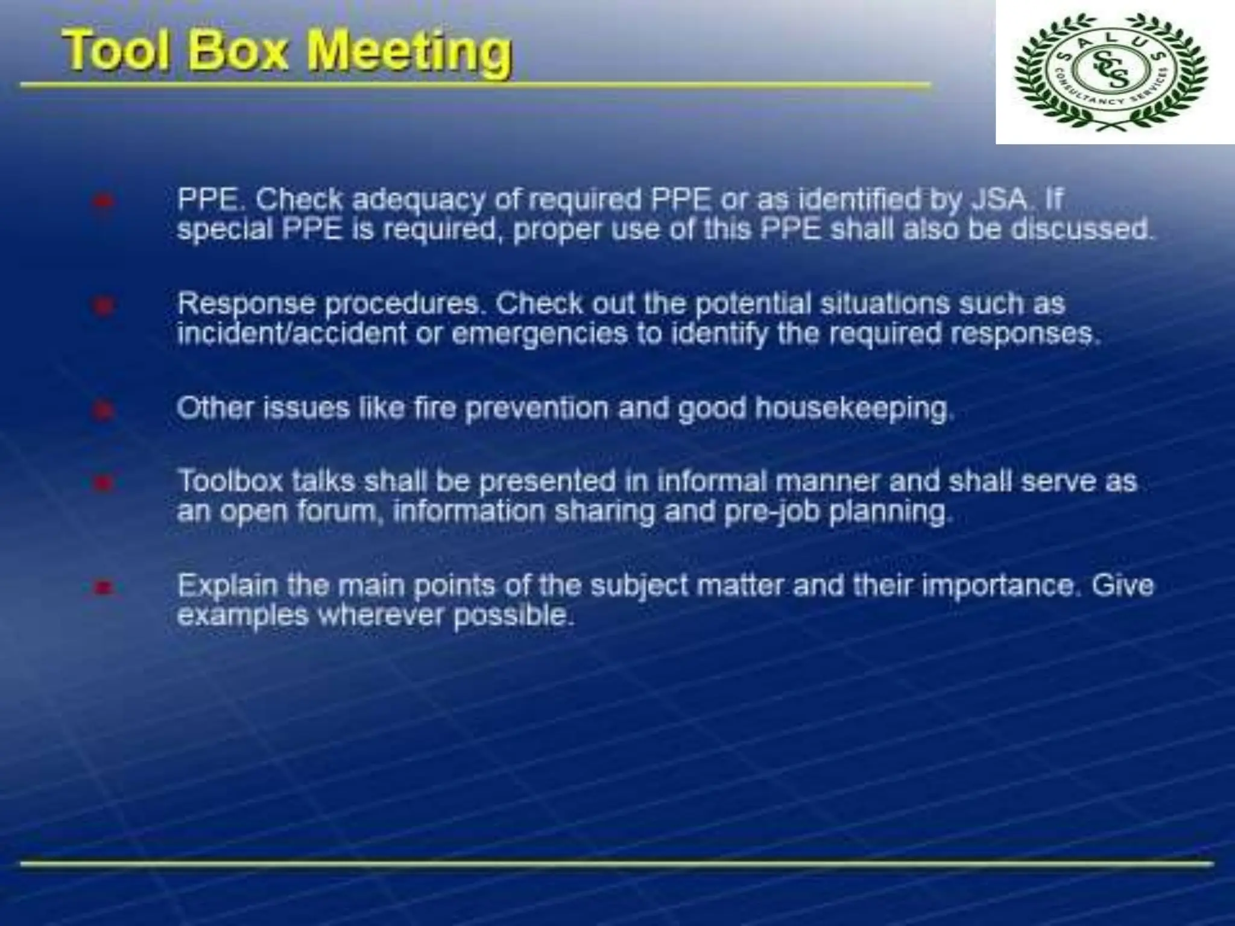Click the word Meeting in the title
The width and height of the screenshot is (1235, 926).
(409, 51)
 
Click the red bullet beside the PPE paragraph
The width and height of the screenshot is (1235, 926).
(103, 201)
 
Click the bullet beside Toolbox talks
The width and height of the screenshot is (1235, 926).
(103, 483)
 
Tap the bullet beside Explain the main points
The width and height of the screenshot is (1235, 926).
(103, 587)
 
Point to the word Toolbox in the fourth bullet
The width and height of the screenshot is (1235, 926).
(230, 482)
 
